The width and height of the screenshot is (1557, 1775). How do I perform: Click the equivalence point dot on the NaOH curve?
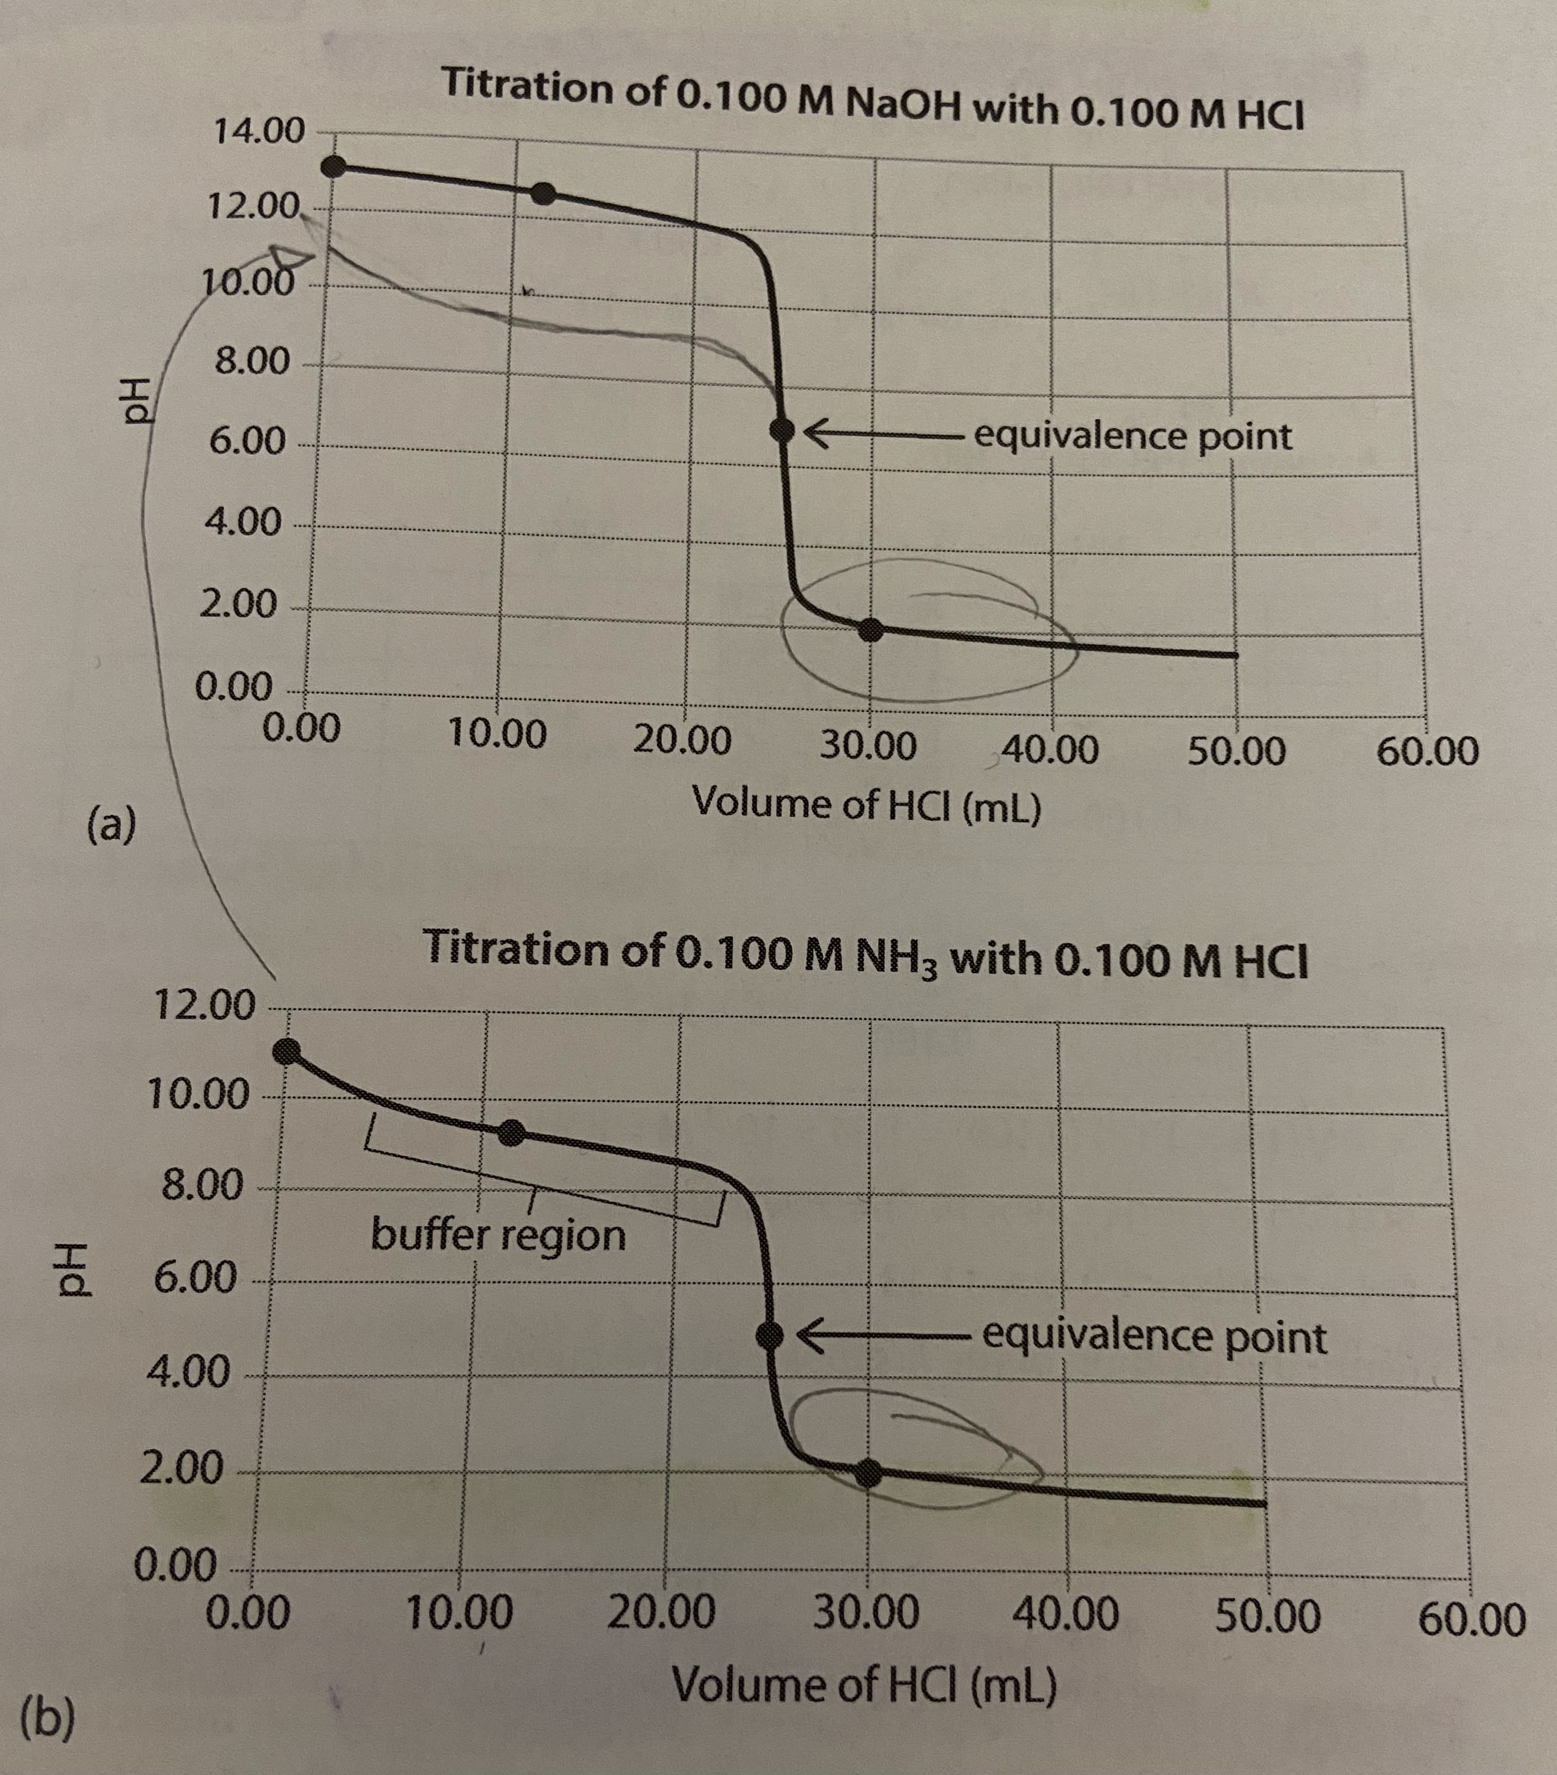[x=783, y=429]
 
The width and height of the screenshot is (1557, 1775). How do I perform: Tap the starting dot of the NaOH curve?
[x=333, y=167]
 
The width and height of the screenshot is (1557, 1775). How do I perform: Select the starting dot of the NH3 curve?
[x=286, y=1051]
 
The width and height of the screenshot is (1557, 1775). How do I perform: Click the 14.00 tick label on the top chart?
[x=259, y=132]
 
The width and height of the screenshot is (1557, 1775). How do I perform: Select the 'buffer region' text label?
[x=498, y=1235]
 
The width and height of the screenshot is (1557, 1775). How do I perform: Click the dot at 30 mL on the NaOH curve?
[x=871, y=629]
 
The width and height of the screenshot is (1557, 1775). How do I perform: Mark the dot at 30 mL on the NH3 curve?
[x=867, y=1473]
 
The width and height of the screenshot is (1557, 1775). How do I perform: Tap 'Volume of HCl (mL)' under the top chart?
[x=866, y=805]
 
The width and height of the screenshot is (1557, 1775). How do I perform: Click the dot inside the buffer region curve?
[x=512, y=1132]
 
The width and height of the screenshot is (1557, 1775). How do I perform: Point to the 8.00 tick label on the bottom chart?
[x=202, y=1185]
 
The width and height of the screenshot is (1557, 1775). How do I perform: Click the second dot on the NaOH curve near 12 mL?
[x=543, y=193]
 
